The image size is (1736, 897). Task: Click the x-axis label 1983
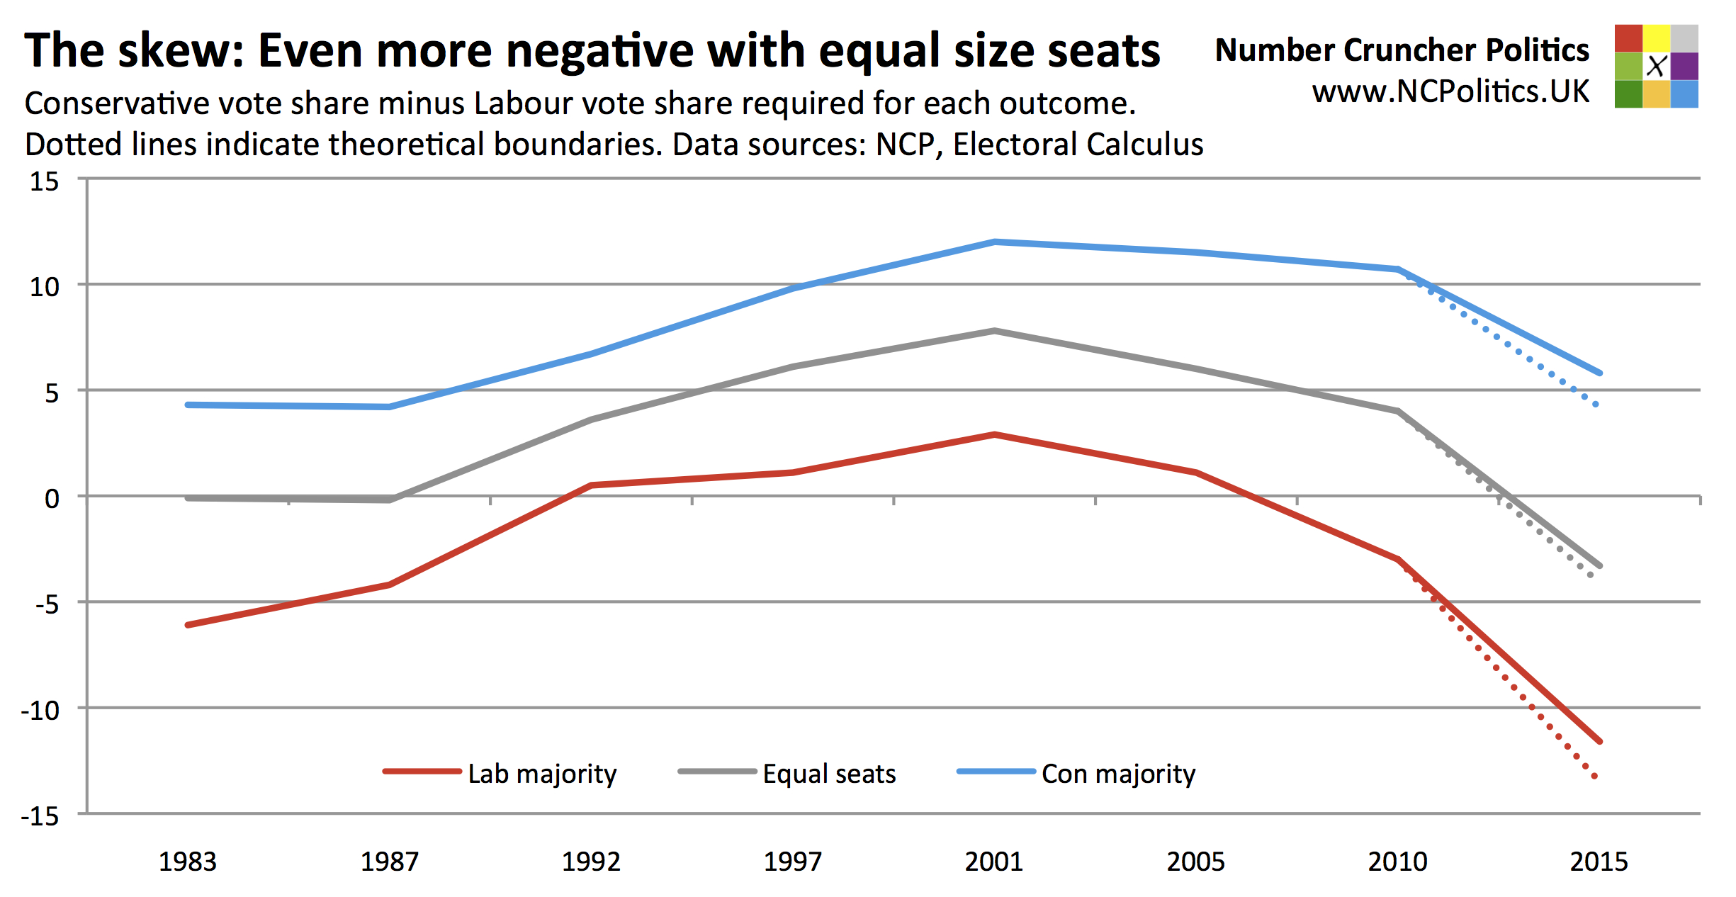tap(187, 862)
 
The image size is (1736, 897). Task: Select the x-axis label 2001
tap(994, 862)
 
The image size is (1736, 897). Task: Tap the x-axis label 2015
tap(1599, 862)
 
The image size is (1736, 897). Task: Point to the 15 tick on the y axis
tap(44, 181)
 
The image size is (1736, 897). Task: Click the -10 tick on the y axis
tap(40, 710)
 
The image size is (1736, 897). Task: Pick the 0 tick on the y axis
tap(52, 499)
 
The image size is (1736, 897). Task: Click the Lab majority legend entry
tap(500, 773)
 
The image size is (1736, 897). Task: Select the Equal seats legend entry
tap(787, 773)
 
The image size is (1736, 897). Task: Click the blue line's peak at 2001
tap(995, 242)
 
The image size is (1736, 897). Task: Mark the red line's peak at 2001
tap(995, 434)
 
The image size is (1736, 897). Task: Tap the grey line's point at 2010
tap(1398, 412)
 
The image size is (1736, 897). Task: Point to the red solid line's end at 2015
tap(1600, 742)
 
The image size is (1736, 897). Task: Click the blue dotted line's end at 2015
tap(1596, 405)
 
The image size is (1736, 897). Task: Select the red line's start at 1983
tap(188, 625)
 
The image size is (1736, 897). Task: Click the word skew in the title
tap(181, 51)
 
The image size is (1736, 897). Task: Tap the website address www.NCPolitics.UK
tap(1450, 91)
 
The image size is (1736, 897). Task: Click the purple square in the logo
tap(1684, 66)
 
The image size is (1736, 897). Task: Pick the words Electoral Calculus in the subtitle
tap(1078, 145)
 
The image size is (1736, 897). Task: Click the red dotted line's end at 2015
tap(1595, 777)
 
